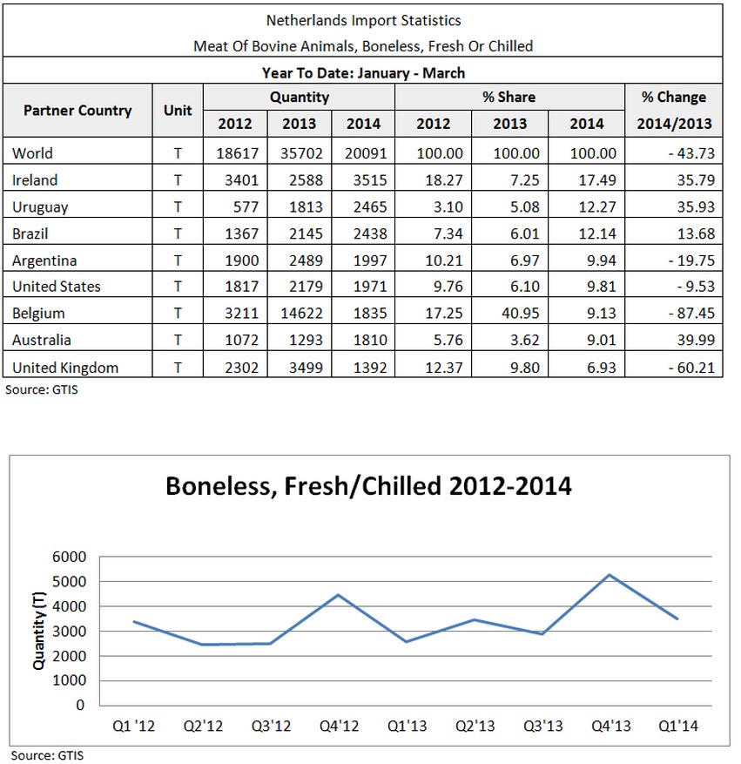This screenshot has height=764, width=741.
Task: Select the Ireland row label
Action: (x=35, y=180)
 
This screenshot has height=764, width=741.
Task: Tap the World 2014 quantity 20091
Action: (x=363, y=153)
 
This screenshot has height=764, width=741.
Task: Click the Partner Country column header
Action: (x=77, y=111)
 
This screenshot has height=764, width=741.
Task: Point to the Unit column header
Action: (x=178, y=111)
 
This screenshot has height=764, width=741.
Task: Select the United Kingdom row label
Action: (x=65, y=367)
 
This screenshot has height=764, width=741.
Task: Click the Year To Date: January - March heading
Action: (x=362, y=72)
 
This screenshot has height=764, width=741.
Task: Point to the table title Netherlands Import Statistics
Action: (x=362, y=19)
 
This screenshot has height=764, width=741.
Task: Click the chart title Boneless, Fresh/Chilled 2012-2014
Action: (x=368, y=485)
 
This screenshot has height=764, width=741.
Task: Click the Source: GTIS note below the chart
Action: (x=48, y=754)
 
